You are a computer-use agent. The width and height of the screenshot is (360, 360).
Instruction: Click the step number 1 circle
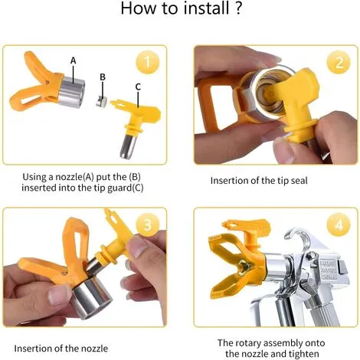[x=148, y=62]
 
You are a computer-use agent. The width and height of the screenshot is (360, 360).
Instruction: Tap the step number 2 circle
[x=339, y=62]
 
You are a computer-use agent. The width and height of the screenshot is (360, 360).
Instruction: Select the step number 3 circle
[x=148, y=224]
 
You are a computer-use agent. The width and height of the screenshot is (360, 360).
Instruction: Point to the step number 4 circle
[x=339, y=225]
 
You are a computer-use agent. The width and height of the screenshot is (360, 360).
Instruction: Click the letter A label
[x=74, y=61]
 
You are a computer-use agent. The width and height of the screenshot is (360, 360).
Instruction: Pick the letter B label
[x=103, y=77]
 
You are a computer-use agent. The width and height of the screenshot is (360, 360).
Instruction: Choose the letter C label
[x=138, y=87]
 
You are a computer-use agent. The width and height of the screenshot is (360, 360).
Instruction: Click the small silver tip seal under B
[x=101, y=101]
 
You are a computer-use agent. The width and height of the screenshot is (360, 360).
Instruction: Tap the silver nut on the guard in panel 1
[x=71, y=92]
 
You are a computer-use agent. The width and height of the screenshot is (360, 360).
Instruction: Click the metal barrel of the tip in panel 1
[x=129, y=146]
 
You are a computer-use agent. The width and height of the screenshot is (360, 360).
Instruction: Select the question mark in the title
[x=237, y=8]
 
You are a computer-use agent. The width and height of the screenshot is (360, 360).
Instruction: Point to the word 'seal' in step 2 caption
[x=299, y=181]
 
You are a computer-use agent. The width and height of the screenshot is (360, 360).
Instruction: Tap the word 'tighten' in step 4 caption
[x=304, y=354]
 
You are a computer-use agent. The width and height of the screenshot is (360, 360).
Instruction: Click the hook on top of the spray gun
[x=298, y=237]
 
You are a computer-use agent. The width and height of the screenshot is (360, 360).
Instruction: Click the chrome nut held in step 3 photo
[x=93, y=298]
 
